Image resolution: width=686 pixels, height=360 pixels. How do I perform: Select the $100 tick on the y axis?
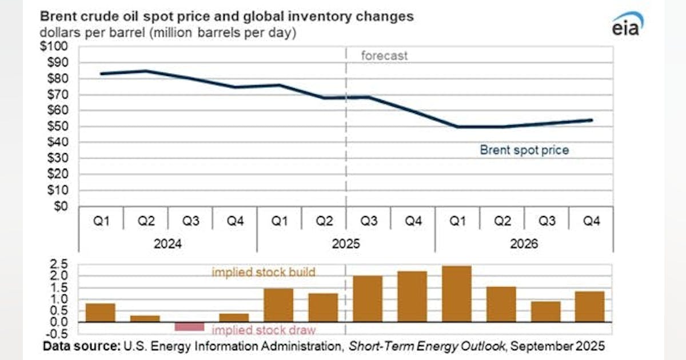click(x=55, y=46)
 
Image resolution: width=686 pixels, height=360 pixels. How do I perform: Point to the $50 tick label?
click(x=57, y=126)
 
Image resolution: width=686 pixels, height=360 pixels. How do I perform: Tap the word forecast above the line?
click(x=384, y=56)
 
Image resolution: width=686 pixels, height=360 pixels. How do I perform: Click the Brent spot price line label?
click(x=524, y=150)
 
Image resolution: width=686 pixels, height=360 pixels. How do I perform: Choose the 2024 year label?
click(x=167, y=244)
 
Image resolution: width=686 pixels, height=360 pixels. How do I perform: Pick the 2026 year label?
click(x=524, y=244)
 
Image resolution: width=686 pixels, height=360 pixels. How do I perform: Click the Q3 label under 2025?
click(x=369, y=221)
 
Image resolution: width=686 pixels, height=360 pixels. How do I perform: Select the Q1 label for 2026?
click(x=457, y=221)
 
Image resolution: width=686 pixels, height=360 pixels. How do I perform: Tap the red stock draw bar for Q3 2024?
click(x=189, y=326)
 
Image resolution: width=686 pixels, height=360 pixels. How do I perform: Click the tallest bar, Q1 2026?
click(x=457, y=294)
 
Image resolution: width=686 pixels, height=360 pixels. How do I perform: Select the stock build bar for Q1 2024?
click(x=100, y=313)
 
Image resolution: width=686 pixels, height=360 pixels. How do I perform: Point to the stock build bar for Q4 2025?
click(x=412, y=297)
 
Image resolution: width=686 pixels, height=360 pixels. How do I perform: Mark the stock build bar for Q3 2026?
click(x=546, y=311)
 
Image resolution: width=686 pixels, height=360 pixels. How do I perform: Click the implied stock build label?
click(x=264, y=272)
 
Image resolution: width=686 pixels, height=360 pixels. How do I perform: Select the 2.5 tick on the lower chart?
click(x=59, y=264)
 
